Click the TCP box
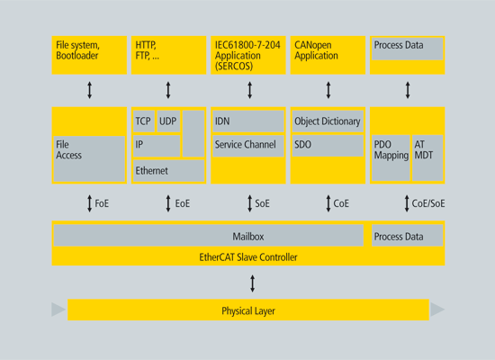pos(144,121)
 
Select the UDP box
pos(168,121)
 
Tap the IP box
pos(157,146)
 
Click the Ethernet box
pos(168,170)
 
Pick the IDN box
pos(248,121)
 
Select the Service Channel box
pos(248,146)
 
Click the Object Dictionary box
pos(328,121)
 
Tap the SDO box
pos(328,146)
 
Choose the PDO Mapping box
pos(391,158)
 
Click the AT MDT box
pos(427,158)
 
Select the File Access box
pos(89,158)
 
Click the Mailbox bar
pos(209,235)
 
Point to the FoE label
pos(102,203)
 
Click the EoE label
pos(183,203)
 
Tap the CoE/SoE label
pos(428,203)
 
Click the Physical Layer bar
pos(248,310)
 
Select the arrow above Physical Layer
pos(252,283)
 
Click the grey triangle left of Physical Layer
pos(58,310)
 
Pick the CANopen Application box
pos(328,55)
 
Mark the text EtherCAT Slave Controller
pos(248,257)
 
